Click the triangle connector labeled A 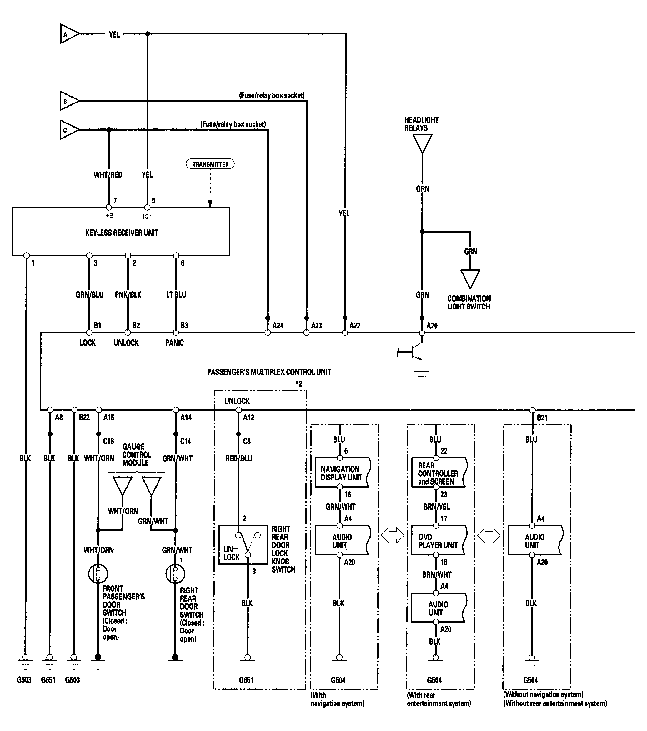coord(69,34)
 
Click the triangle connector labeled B coord(69,101)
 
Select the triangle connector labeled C coord(69,129)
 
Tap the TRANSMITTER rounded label coord(210,164)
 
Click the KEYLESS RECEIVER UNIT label coord(122,233)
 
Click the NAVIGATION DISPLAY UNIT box coord(343,473)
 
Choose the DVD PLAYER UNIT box coord(439,540)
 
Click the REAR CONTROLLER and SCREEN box coord(439,473)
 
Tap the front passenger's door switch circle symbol coord(98,573)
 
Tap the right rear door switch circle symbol coord(175,573)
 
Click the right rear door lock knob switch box coord(243,544)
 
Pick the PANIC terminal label coord(174,343)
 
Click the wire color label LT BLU coord(176,295)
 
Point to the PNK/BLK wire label coord(128,295)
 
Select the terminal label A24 coord(278,326)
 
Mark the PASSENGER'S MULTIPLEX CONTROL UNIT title coord(269,372)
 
